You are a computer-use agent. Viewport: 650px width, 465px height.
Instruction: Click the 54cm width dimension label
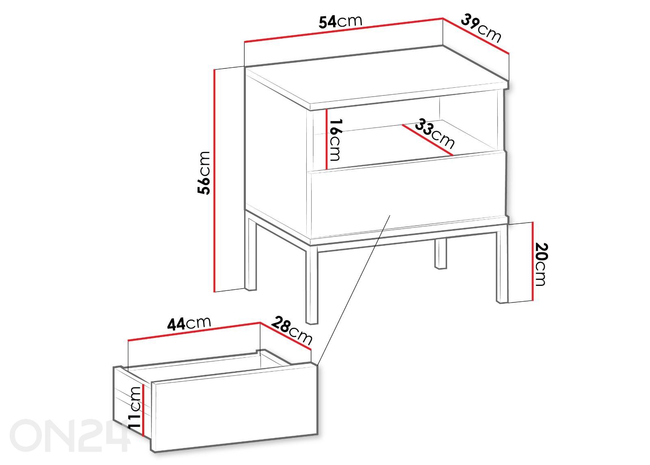(340, 22)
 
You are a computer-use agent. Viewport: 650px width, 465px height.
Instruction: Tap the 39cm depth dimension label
(481, 28)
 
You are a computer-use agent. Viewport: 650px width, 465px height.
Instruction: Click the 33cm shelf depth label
(434, 134)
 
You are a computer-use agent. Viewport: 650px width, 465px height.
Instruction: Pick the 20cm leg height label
(540, 264)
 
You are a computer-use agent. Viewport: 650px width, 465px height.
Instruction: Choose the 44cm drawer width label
(189, 323)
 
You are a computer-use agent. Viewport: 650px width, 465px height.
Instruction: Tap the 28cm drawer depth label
(292, 331)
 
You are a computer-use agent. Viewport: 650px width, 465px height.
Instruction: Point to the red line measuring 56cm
(214, 180)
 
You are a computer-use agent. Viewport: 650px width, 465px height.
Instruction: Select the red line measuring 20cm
(533, 262)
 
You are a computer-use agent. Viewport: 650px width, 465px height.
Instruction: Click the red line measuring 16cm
(327, 139)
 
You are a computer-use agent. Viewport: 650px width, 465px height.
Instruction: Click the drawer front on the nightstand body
(408, 199)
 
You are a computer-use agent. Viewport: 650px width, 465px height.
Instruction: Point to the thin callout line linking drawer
(354, 290)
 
